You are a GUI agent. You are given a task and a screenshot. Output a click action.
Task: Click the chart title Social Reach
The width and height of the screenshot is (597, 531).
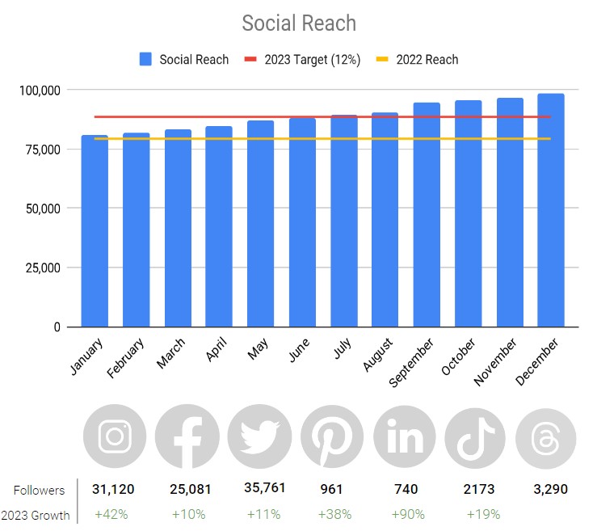(299, 23)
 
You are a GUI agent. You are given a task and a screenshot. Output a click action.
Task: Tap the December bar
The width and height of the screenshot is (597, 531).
(551, 210)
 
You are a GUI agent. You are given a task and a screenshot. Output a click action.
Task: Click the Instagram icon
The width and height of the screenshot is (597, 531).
(115, 437)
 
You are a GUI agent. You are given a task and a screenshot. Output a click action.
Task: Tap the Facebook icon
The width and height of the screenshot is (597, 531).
(187, 437)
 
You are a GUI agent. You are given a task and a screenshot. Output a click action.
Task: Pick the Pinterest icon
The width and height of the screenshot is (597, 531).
(332, 437)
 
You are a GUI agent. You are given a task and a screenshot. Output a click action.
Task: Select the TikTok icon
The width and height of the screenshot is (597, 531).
(475, 437)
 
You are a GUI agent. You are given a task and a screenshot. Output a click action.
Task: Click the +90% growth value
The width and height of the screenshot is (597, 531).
(405, 514)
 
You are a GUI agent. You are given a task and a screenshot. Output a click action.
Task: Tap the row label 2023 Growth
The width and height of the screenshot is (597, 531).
(36, 515)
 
